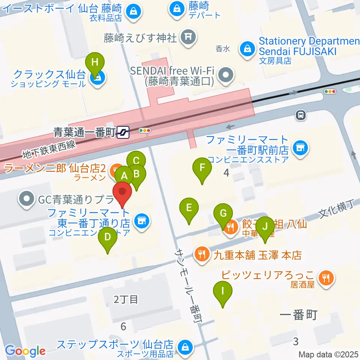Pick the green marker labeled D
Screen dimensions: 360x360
[x=108, y=238]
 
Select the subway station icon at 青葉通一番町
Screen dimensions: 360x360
[x=123, y=132]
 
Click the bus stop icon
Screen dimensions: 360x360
[x=300, y=115]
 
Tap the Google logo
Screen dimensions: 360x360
[x=25, y=351]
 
